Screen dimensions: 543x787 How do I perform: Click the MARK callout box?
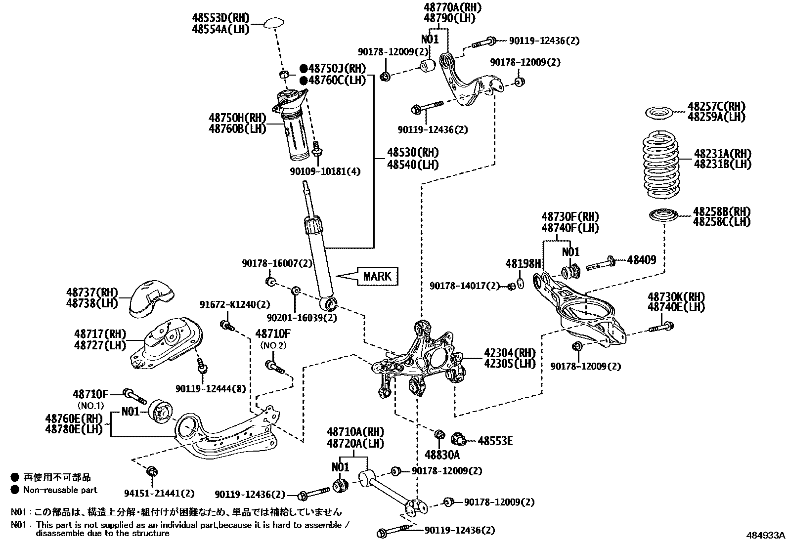click(377, 276)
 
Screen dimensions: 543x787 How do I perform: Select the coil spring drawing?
click(660, 163)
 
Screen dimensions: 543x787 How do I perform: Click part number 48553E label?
click(495, 441)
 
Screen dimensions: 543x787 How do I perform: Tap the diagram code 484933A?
click(765, 535)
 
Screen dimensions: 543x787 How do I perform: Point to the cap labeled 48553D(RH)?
click(274, 23)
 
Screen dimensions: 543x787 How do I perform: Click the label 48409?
click(641, 259)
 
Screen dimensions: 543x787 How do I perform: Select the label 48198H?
click(523, 264)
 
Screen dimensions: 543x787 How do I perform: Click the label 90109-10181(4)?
click(325, 171)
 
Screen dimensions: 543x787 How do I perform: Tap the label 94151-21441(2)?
click(159, 493)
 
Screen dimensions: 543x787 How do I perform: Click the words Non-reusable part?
click(60, 490)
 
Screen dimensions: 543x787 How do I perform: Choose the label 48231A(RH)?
click(722, 154)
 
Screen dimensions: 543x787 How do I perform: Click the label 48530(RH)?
click(412, 153)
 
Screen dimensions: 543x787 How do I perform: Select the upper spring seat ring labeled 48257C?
click(661, 113)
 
